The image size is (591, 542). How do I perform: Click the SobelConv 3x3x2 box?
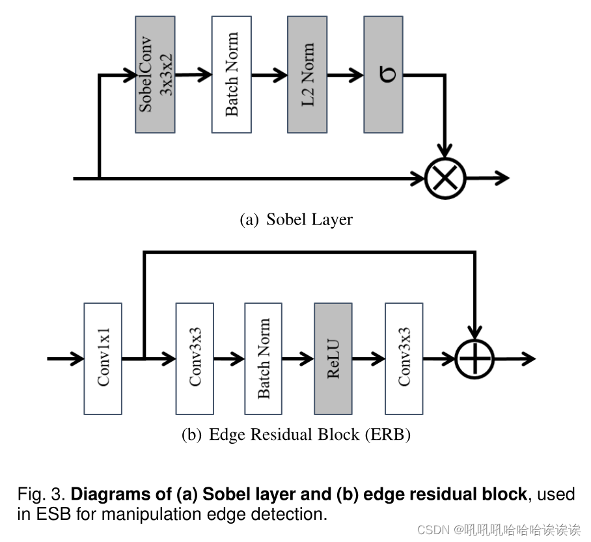155,75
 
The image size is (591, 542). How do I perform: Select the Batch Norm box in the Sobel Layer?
231,75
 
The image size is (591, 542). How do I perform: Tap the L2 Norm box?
307,75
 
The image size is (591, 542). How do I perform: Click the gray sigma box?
383,75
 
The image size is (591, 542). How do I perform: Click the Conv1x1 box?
103,359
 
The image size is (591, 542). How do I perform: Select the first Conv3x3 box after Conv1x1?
195,359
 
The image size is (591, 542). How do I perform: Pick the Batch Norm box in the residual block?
264,359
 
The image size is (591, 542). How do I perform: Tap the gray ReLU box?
333,359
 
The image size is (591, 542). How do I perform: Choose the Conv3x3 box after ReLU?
404,359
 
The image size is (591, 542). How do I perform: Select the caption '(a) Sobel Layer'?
296,219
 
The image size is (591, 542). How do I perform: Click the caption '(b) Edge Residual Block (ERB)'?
296,435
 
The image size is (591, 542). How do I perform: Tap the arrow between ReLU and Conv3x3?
368,359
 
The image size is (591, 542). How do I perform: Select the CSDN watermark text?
499,530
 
